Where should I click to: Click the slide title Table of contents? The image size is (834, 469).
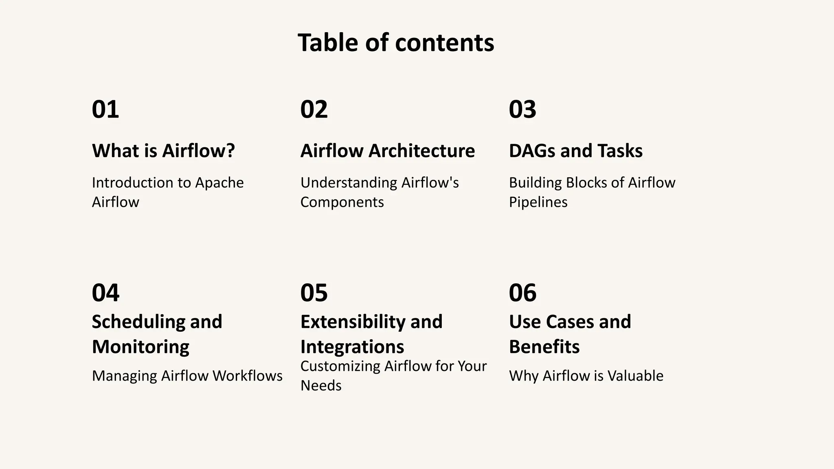tap(396, 43)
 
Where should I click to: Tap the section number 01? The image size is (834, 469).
tap(105, 110)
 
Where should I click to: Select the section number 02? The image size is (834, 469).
tap(314, 110)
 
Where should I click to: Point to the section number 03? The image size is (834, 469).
tap(522, 110)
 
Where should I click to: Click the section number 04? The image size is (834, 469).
tap(105, 293)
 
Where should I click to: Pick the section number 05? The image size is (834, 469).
tap(314, 293)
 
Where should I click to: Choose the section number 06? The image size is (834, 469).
tap(522, 293)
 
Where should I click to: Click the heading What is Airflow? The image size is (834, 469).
tap(163, 151)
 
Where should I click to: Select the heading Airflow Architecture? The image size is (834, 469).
tap(387, 151)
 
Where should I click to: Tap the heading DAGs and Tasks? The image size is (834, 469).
tap(575, 151)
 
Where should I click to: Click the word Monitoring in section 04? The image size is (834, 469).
tap(140, 347)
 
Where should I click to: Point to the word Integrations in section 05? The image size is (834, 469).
tap(352, 347)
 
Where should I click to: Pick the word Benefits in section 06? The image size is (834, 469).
tap(544, 347)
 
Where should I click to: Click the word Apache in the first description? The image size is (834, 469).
tap(219, 183)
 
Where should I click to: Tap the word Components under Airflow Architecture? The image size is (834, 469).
tap(342, 202)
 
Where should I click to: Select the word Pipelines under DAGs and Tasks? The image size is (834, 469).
tap(538, 202)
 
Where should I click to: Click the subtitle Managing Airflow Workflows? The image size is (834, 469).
tap(187, 376)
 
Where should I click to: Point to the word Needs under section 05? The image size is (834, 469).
tap(321, 386)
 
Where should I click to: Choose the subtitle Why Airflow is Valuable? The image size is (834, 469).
tap(586, 376)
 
